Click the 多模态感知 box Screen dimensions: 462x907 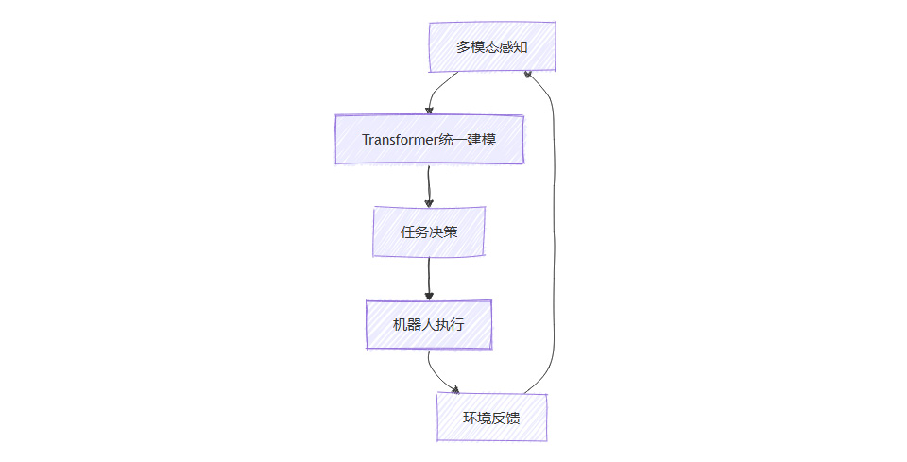(491, 46)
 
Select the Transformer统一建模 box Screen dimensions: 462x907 (429, 139)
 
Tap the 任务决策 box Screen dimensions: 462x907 (429, 231)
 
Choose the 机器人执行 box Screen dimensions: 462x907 (429, 324)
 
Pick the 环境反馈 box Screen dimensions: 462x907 (491, 417)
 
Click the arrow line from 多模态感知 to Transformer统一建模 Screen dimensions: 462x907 (436, 89)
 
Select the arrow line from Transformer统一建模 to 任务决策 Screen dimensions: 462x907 (429, 183)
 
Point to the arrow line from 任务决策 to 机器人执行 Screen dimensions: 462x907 (429, 276)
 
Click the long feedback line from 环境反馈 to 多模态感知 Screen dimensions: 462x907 (553, 236)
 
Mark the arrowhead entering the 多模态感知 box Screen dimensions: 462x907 (529, 75)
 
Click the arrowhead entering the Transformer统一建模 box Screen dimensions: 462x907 (429, 111)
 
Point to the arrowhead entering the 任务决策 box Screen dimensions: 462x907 (429, 202)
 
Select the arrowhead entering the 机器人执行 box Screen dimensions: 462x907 (429, 296)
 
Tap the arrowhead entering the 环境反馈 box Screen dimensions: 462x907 (456, 389)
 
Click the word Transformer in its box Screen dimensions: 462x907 (402, 140)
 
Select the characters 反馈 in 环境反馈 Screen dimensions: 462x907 (505, 418)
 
